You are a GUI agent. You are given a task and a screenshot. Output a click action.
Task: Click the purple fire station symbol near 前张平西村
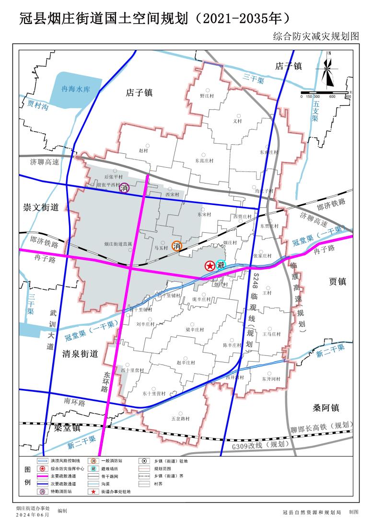point(125,188)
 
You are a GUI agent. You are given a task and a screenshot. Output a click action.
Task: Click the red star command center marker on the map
point(209,266)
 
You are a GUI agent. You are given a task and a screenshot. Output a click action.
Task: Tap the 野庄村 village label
point(207,95)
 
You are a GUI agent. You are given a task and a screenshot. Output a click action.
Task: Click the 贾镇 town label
point(337,282)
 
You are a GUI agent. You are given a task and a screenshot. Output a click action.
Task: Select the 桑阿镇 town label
point(326,408)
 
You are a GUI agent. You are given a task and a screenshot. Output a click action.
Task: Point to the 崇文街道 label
point(41,207)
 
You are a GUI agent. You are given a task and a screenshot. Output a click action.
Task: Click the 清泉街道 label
point(80,354)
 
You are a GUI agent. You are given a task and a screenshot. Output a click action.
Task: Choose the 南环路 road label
point(74,403)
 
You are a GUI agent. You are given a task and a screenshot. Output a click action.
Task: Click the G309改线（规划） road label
point(261,445)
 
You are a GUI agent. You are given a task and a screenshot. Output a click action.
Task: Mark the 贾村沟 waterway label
point(38,105)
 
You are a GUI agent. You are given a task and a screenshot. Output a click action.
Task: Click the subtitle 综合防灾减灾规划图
point(315,36)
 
